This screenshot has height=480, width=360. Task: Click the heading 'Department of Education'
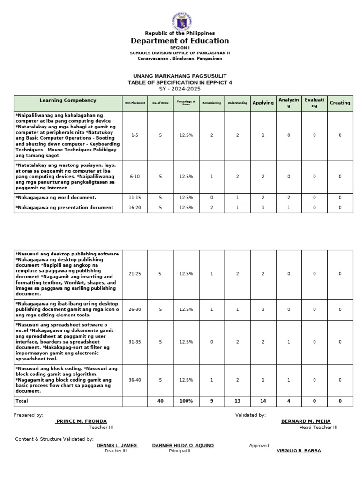point(180,41)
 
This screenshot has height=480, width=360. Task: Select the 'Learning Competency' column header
point(68,101)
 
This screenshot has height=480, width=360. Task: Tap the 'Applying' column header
point(263,103)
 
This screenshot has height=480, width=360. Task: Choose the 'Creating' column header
point(340,103)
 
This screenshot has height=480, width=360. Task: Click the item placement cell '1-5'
point(135,135)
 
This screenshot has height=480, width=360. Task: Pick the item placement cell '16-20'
point(135,207)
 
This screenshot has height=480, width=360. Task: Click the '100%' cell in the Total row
point(186,401)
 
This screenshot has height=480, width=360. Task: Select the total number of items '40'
point(160,401)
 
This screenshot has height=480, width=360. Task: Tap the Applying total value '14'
point(263,401)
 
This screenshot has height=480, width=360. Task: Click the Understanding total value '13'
point(238,401)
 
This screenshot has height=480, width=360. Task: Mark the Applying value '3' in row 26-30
point(263,309)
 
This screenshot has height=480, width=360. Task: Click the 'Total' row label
point(22,401)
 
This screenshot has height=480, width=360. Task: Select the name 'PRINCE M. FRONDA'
point(81,421)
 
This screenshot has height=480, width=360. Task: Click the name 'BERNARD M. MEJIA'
point(306,421)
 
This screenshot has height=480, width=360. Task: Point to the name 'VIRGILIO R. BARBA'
point(299,451)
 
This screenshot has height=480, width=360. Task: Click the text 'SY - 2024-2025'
point(180,89)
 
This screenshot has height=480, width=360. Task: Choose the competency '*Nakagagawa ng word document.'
point(56,198)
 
